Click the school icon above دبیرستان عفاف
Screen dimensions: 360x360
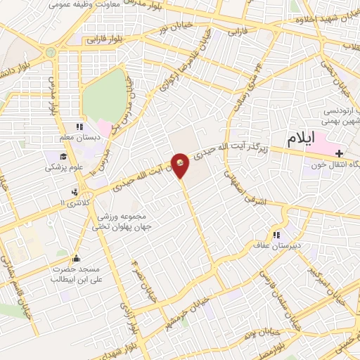(277, 235)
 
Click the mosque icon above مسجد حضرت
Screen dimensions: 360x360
(76, 257)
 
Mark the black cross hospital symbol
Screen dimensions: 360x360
(339, 153)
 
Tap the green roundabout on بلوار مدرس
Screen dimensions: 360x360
(49, 53)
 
